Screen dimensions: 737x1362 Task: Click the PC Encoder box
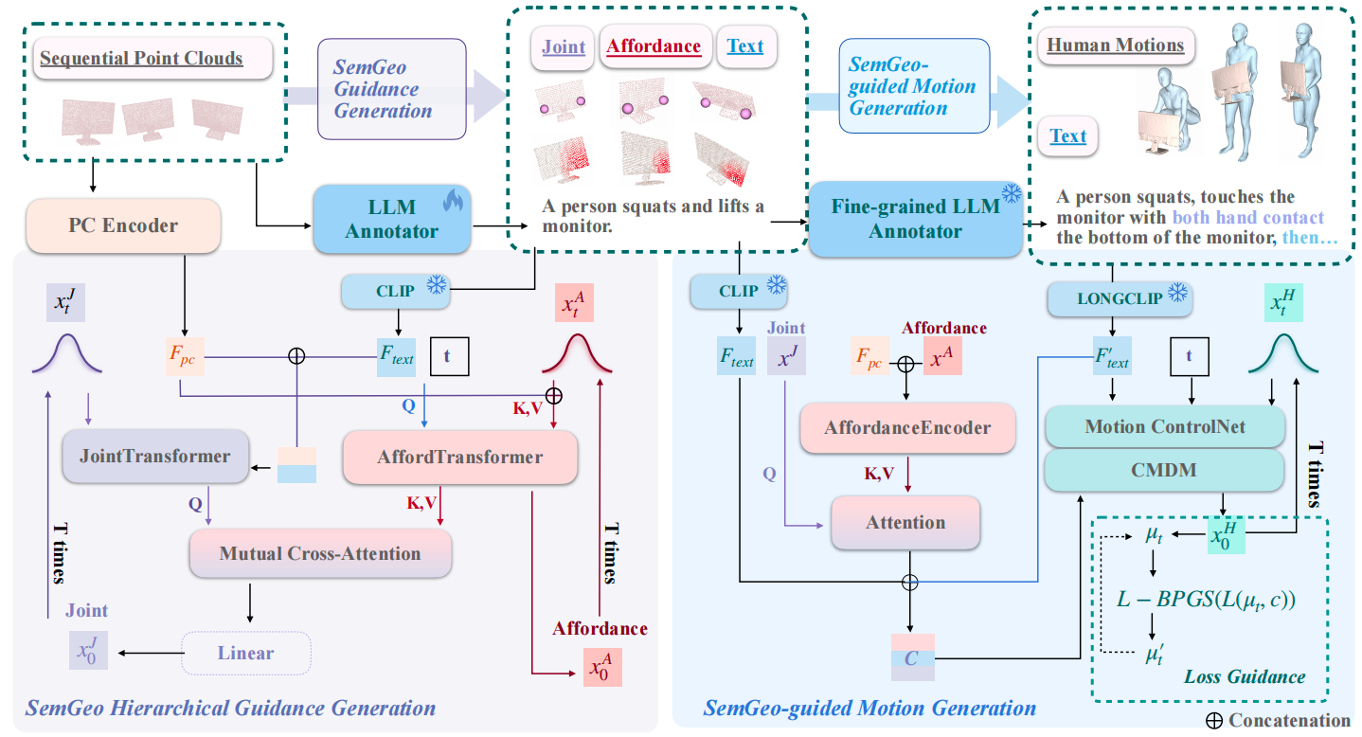124,226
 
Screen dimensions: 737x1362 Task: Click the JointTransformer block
155,456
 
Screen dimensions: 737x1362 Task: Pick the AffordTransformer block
460,458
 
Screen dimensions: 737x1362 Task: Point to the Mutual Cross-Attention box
319,553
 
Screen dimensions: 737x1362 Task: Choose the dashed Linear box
245,653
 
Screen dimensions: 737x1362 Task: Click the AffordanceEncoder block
908,427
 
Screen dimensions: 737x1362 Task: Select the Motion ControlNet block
1164,427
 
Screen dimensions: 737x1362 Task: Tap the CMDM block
1164,471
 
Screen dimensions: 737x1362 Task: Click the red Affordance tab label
654,45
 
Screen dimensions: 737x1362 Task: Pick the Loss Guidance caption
1245,676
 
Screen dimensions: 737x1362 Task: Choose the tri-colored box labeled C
911,657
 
